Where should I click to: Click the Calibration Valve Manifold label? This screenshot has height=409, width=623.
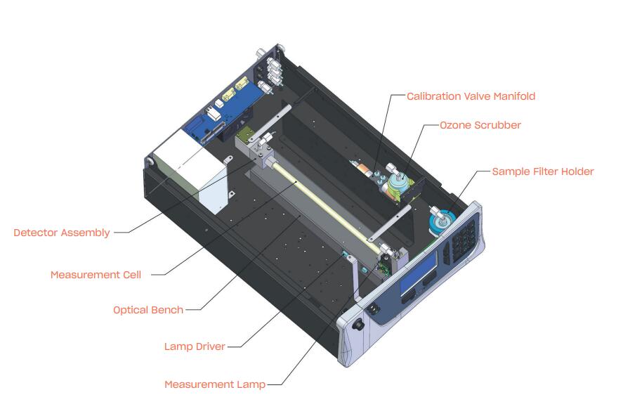pos(471,96)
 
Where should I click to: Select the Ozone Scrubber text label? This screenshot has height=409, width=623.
pos(480,125)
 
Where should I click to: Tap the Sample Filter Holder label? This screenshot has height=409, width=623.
pos(543,171)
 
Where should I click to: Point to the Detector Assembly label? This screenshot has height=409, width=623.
pos(62,233)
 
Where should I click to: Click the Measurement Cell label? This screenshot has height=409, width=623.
pos(96,275)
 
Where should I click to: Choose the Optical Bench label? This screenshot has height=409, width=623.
pos(148,310)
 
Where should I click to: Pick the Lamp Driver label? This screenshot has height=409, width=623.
pos(195,346)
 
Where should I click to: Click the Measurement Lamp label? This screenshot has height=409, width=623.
pos(215,384)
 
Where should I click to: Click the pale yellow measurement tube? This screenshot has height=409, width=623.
pos(326,209)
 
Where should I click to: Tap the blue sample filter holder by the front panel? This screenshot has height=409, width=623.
pos(441,221)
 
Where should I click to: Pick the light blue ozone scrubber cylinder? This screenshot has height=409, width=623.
pos(398,181)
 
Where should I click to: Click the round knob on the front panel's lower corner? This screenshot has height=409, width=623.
pos(359,325)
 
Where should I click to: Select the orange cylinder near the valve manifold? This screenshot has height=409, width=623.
pos(363,169)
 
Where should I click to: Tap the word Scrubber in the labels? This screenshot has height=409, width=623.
pos(497,125)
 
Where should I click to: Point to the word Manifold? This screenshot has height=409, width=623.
pos(514,96)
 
